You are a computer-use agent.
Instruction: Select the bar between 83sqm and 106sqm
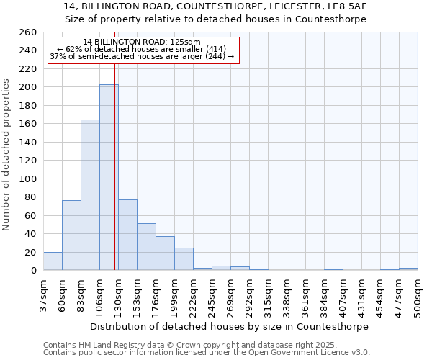[x=90, y=194]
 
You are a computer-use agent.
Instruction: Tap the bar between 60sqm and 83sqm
[x=71, y=235]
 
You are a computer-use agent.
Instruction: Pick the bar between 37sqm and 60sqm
[x=53, y=261]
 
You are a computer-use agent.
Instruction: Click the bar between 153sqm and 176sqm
[x=146, y=247]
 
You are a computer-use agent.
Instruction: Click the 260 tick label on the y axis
[x=28, y=32]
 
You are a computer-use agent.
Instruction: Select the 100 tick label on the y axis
[x=28, y=179]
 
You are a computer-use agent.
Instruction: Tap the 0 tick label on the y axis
[x=33, y=271]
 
